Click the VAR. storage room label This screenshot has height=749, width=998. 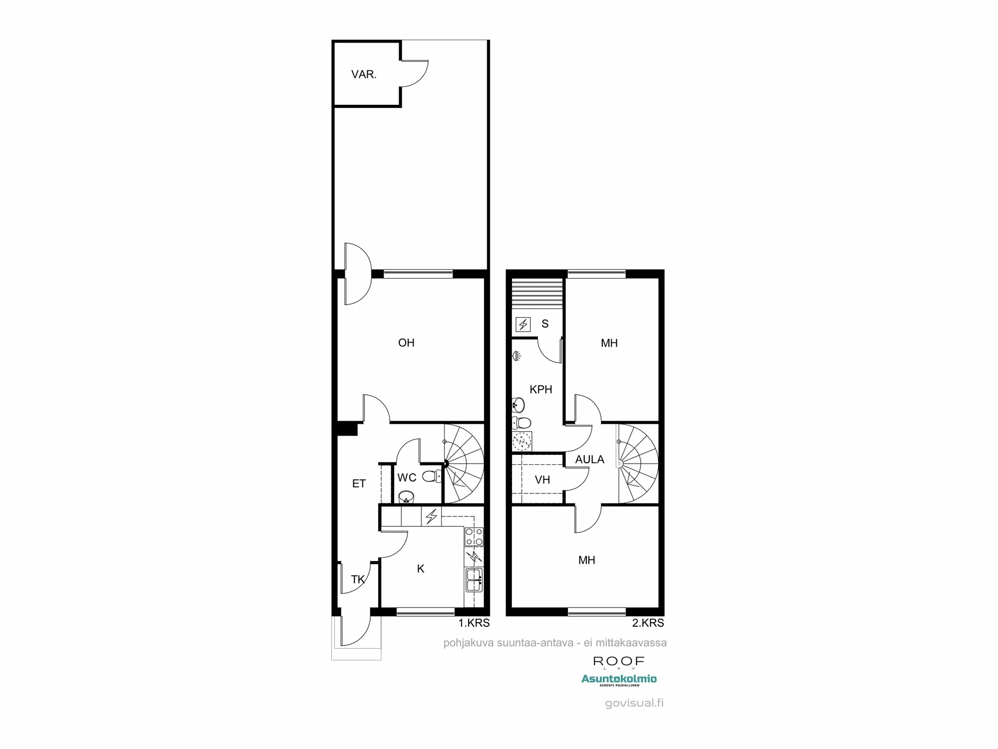pyautogui.click(x=364, y=75)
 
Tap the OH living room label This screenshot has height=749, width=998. pyautogui.click(x=406, y=343)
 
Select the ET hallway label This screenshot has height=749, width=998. pyautogui.click(x=359, y=483)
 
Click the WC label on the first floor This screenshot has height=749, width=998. pyautogui.click(x=407, y=477)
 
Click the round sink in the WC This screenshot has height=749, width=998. pyautogui.click(x=406, y=496)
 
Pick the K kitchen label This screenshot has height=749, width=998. pyautogui.click(x=421, y=569)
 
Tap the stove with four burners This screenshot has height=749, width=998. pyautogui.click(x=474, y=536)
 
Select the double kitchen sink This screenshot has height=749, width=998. pyautogui.click(x=474, y=579)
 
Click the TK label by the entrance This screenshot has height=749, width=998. pyautogui.click(x=358, y=579)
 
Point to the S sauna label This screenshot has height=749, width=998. pyautogui.click(x=545, y=324)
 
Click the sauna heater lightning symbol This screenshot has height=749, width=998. pyautogui.click(x=523, y=325)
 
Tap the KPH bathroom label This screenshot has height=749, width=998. pyautogui.click(x=541, y=389)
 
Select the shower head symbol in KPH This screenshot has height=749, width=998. pyautogui.click(x=517, y=356)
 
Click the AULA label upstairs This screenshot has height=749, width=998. pyautogui.click(x=589, y=459)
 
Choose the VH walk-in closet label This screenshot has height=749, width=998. pyautogui.click(x=542, y=480)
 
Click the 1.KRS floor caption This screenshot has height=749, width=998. pyautogui.click(x=474, y=623)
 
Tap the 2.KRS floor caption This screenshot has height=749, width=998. pyautogui.click(x=648, y=623)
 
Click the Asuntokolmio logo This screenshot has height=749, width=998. pyautogui.click(x=619, y=680)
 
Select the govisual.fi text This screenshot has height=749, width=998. pyautogui.click(x=634, y=703)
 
